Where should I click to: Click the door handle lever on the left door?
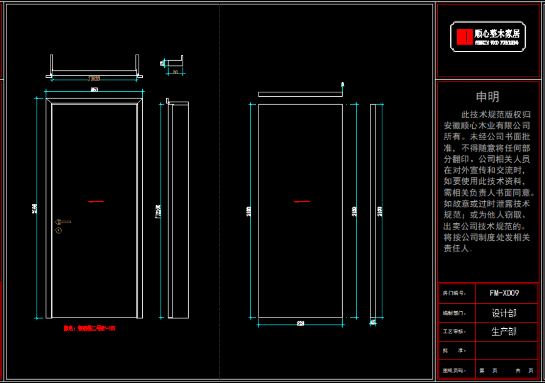tap(64, 222)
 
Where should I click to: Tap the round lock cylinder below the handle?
tap(59, 230)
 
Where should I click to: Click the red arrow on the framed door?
tap(96, 201)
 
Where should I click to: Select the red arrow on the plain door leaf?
tap(302, 201)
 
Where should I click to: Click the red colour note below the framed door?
tap(89, 329)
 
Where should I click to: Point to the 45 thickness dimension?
tap(373, 322)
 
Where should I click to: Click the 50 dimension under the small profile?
tap(175, 72)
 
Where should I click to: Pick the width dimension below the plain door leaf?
tap(301, 323)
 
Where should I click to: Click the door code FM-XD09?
tap(504, 293)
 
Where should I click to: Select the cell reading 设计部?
tap(504, 313)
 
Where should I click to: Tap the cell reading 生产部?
tap(504, 332)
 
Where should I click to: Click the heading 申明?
tap(488, 97)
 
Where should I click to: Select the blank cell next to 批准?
tap(504, 351)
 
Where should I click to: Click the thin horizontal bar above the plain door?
tap(300, 94)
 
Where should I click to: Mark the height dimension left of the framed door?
tap(35, 208)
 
